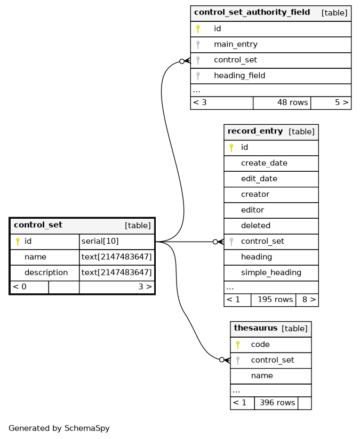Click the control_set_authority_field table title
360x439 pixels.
pyautogui.click(x=252, y=12)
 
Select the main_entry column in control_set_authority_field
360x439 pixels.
pyautogui.click(x=235, y=44)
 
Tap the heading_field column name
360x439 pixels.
pyautogui.click(x=239, y=76)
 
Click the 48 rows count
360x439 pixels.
pyautogui.click(x=293, y=102)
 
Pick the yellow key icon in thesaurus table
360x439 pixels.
pyautogui.click(x=238, y=345)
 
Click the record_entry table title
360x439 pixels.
pyautogui.click(x=255, y=131)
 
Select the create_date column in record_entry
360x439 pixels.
pyautogui.click(x=264, y=163)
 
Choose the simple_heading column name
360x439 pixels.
pyautogui.click(x=271, y=273)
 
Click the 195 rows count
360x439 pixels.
pyautogui.click(x=275, y=300)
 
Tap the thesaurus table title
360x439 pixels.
pyautogui.click(x=255, y=328)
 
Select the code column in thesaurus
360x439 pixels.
pyautogui.click(x=260, y=345)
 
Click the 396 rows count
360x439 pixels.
pyautogui.click(x=277, y=403)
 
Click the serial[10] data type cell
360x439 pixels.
pyautogui.click(x=100, y=241)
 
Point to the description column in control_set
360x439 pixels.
pyautogui.click(x=46, y=273)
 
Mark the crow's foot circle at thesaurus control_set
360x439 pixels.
pyautogui.click(x=222, y=360)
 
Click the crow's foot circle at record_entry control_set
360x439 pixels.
pyautogui.click(x=215, y=242)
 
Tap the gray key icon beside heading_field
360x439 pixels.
pyautogui.click(x=198, y=76)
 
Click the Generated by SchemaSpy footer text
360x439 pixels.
pyautogui.click(x=59, y=428)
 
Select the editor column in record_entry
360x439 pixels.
pyautogui.click(x=252, y=210)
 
